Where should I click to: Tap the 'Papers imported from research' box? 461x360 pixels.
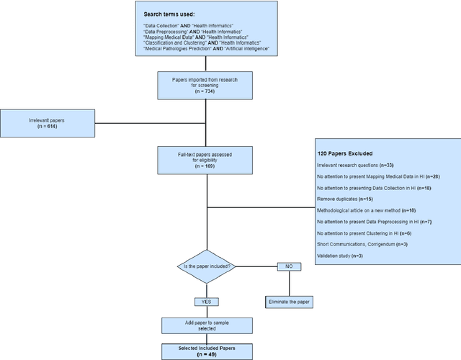point(207,85)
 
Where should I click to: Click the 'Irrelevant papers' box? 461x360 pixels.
point(48,123)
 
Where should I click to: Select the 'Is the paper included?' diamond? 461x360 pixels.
point(206,267)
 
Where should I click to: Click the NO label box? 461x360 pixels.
point(288,267)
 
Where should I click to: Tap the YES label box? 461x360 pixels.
point(206,302)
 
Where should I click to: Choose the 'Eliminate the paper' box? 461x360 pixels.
point(288,302)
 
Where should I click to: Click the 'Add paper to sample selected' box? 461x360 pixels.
point(206,325)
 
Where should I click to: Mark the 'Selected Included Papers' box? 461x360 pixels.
point(206,351)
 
